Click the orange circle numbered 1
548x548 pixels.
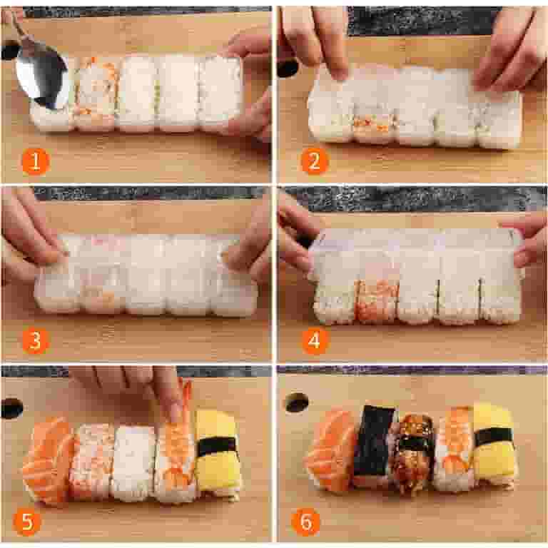(35, 161)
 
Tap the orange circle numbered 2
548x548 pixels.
(314, 161)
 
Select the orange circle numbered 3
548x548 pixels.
(35, 340)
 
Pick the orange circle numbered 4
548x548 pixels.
(314, 340)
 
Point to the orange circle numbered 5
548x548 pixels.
(26, 521)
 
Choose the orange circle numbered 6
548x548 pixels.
(305, 522)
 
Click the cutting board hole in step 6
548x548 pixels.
(296, 402)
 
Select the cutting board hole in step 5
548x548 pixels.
(12, 408)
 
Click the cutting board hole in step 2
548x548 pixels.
(288, 67)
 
